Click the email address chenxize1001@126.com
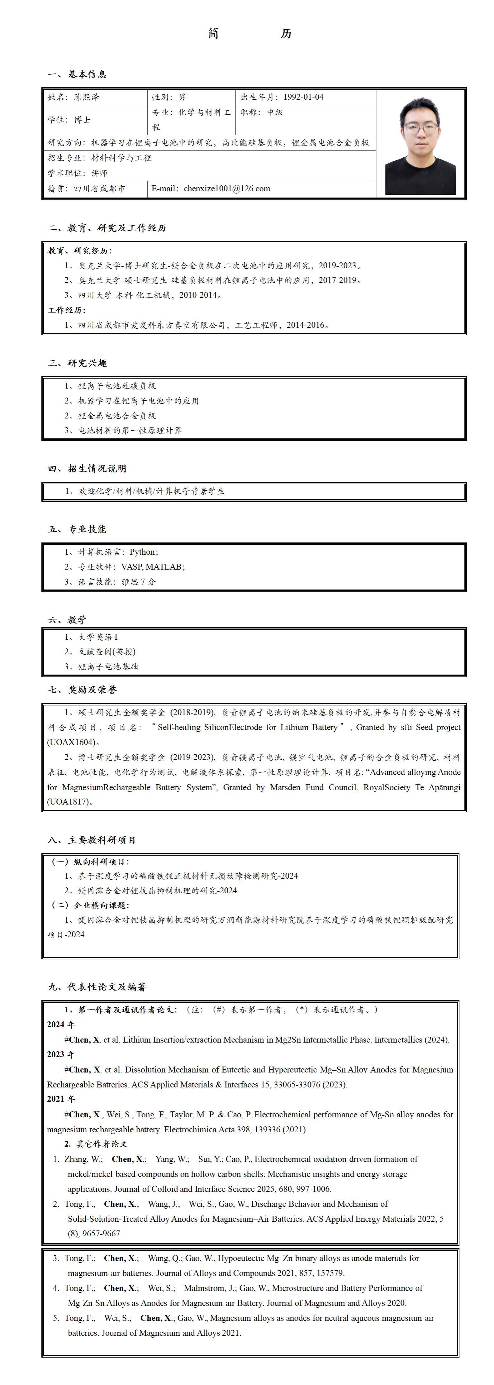227,189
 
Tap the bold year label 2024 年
61,1025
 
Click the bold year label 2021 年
61,1100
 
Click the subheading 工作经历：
67,310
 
